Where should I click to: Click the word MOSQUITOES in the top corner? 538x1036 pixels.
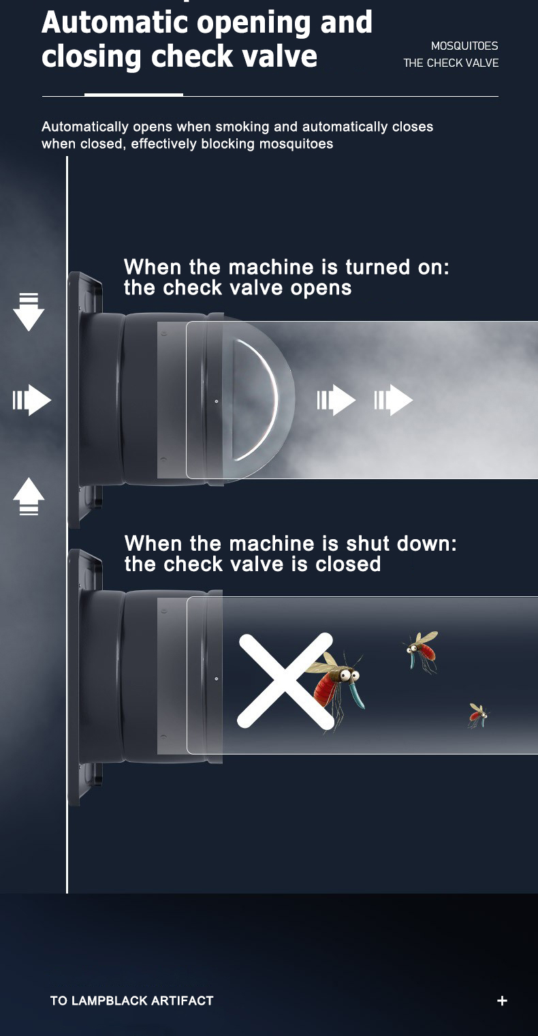[x=464, y=46]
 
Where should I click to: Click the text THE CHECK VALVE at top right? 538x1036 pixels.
[x=451, y=63]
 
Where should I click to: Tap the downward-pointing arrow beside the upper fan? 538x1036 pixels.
[x=29, y=311]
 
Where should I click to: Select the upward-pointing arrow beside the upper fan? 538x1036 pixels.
[x=29, y=496]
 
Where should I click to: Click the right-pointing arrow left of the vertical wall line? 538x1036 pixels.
[x=32, y=400]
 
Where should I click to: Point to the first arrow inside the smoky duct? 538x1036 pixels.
[x=336, y=400]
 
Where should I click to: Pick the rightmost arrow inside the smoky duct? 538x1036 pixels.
[x=394, y=400]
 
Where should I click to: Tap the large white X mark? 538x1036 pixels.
[x=285, y=680]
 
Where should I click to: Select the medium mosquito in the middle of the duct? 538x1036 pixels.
[x=422, y=650]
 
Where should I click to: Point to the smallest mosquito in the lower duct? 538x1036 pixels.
[x=478, y=715]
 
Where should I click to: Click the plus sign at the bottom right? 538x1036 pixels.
[x=503, y=1001]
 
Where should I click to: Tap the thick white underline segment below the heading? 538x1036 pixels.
[x=133, y=95]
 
